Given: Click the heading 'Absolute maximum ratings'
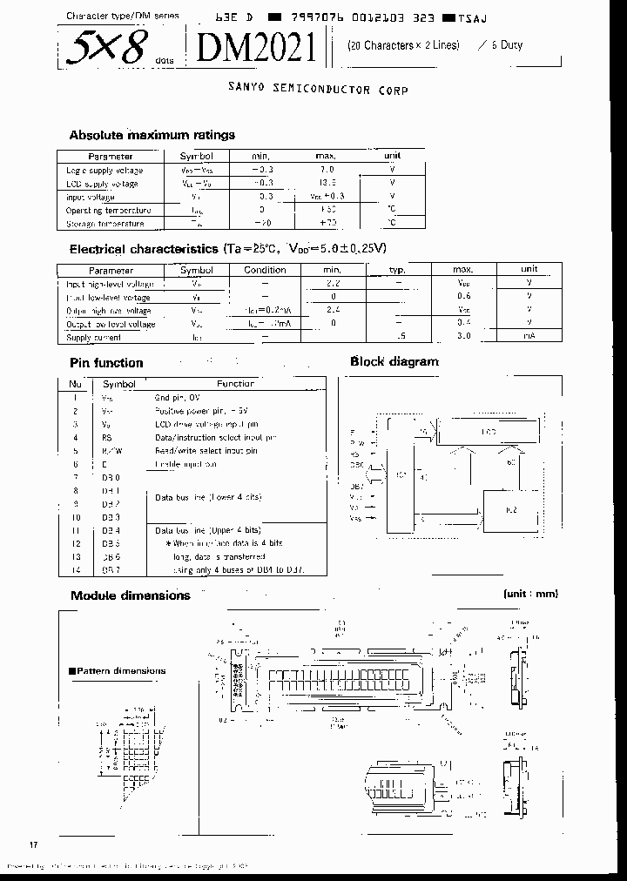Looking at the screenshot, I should tap(152, 135).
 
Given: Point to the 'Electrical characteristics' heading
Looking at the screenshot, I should tap(143, 248).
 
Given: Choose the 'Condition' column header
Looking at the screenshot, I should tap(265, 270).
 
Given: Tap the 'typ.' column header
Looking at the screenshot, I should tap(397, 270).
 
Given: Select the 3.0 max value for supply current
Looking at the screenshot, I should tap(463, 337).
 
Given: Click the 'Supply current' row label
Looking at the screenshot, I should tap(94, 337).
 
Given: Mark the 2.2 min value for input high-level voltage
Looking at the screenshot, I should tap(332, 284).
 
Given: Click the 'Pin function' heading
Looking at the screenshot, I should tap(106, 363).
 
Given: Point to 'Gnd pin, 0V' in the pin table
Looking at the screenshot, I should tap(177, 397).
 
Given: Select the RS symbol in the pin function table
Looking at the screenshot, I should tap(107, 437).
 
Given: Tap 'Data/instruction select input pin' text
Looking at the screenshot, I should tap(216, 437).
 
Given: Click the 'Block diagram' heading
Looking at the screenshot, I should tap(394, 361).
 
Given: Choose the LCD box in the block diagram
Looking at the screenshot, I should tap(490, 431).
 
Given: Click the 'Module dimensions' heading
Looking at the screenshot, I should tap(130, 595).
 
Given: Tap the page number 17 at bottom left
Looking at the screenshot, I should tap(34, 845).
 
